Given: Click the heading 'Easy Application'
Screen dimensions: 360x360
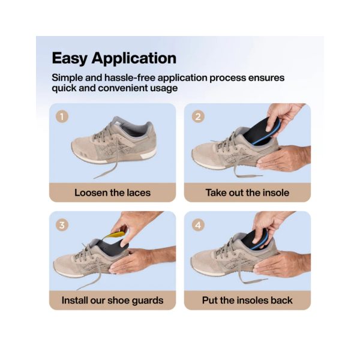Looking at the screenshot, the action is (x=114, y=58).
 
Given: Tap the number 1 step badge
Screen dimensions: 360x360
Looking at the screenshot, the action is (x=62, y=116).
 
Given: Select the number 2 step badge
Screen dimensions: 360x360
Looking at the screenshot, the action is (x=198, y=116).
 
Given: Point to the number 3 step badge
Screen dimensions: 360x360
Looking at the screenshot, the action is (x=62, y=225).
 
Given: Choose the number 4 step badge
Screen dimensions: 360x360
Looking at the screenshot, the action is (x=198, y=225).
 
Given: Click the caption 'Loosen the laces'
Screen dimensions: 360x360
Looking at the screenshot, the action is (x=113, y=193).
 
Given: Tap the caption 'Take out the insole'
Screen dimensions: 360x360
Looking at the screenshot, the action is (x=247, y=193).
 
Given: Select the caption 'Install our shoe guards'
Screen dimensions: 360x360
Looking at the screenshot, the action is (x=113, y=301).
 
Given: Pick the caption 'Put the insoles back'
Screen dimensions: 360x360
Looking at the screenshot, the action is (x=247, y=301).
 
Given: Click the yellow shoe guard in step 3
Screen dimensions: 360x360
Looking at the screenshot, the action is (x=115, y=235).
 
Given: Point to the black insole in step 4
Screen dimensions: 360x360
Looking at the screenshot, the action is (x=255, y=240).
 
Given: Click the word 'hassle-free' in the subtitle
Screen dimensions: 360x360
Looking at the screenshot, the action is (x=130, y=77).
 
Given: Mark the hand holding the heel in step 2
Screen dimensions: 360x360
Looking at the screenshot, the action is (x=284, y=158).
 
